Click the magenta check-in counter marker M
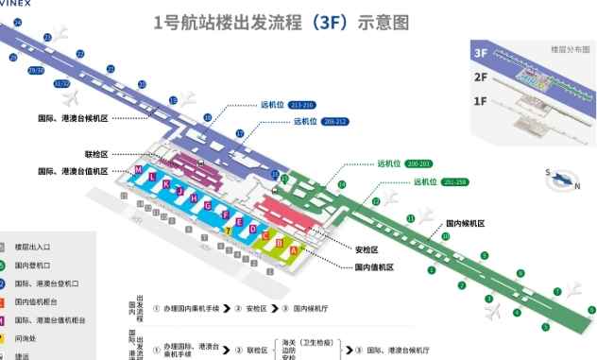pos(139,169)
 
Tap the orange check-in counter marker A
pos(294,249)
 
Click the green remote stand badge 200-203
pos(419,164)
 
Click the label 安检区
pos(367,250)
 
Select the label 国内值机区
pos(374,267)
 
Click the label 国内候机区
pos(466,223)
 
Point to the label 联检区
pos(97,153)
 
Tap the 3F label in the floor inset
pos(482,54)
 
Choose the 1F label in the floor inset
pos(481,100)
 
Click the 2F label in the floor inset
pos(481,77)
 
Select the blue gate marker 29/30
pos(36,71)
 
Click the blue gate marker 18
pos(207,117)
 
